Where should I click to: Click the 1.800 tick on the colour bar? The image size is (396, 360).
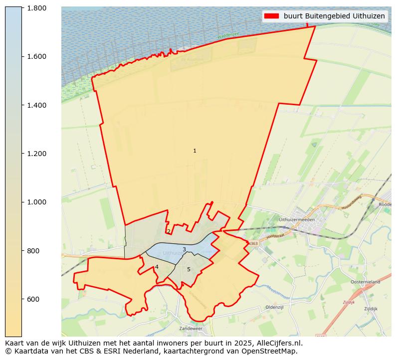[36, 8]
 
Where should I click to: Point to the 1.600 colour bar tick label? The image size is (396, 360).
[36, 56]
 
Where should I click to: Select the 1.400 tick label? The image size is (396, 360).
[36, 105]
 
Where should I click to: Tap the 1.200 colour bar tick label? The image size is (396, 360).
[36, 154]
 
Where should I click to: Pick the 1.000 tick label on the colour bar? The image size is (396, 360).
[36, 202]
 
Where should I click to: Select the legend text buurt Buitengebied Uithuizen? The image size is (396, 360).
[334, 16]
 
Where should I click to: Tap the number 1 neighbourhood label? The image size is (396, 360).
[195, 151]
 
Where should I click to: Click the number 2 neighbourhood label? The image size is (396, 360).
[169, 231]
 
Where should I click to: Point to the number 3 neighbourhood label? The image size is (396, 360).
[184, 249]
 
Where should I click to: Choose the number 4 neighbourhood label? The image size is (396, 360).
[157, 267]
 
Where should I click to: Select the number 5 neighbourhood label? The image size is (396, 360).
[189, 269]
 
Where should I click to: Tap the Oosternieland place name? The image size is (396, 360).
[365, 282]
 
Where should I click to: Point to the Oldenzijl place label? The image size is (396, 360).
[274, 307]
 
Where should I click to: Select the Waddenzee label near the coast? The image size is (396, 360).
[229, 36]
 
